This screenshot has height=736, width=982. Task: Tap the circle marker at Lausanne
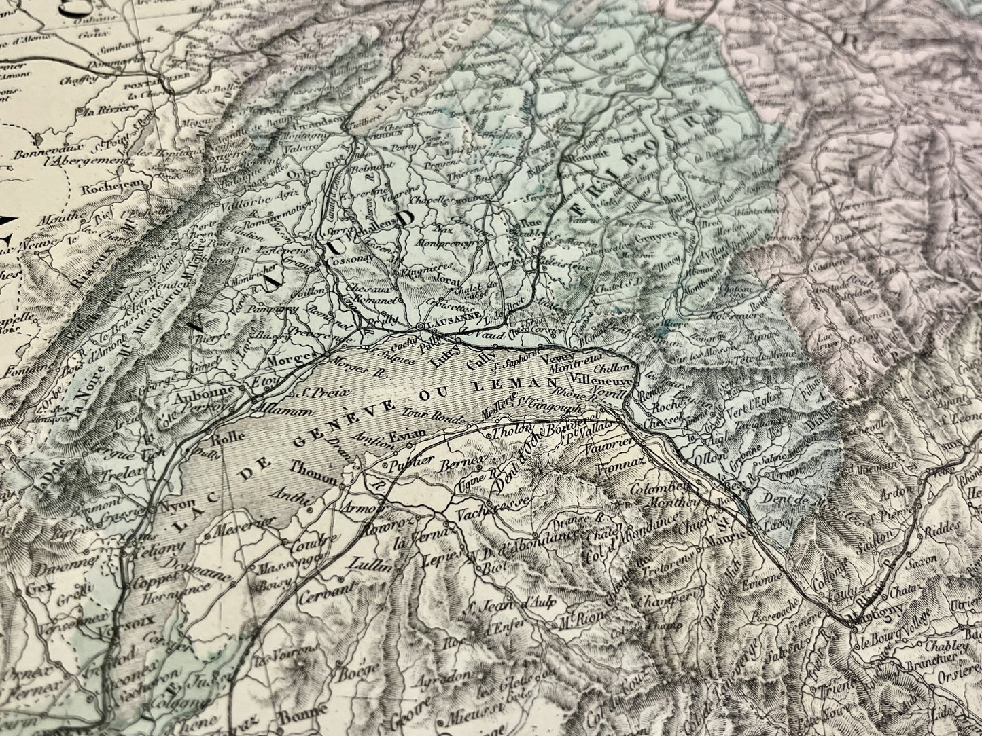pos(421,327)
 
